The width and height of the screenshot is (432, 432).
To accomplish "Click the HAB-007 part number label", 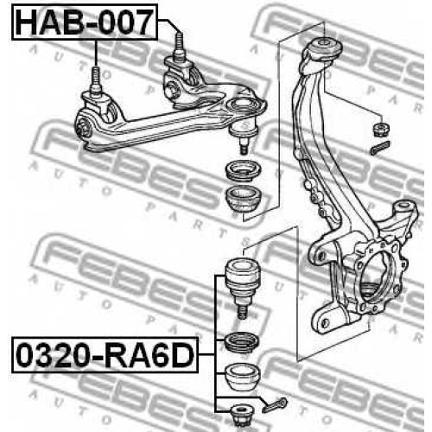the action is [85, 22].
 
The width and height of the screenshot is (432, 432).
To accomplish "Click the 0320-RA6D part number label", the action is [105, 355].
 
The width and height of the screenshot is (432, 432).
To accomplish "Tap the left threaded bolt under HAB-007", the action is [96, 81].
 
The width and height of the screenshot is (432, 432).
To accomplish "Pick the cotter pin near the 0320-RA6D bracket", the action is [275, 404].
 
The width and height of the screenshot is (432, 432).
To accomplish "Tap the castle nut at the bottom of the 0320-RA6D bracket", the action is [241, 415].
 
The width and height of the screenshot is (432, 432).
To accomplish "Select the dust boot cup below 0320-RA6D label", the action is [242, 377].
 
